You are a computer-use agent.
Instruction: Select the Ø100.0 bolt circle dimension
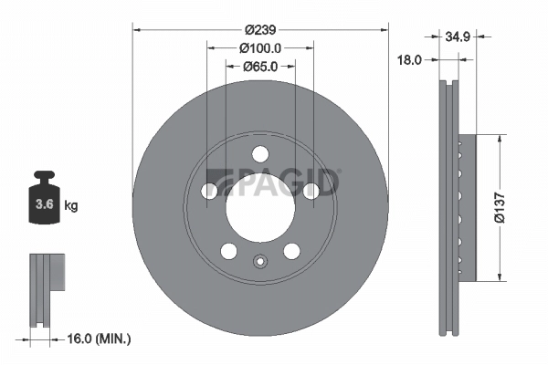pos(259,47)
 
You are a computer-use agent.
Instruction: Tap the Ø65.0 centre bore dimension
pos(259,66)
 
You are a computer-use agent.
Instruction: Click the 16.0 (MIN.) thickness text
pos(100,339)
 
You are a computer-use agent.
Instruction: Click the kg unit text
pos(71,206)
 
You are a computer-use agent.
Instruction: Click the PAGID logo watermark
pos(274,182)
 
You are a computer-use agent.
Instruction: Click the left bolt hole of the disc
pos(209,191)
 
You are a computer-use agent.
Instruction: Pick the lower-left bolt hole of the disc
pos(229,251)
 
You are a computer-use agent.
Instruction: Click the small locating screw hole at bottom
pos(260,266)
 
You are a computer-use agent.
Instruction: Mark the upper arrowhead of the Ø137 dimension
pos(500,140)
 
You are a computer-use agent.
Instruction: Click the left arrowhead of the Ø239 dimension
pos(138,28)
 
